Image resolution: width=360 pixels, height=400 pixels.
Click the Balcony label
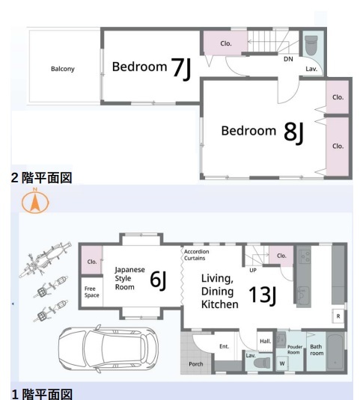[63, 69]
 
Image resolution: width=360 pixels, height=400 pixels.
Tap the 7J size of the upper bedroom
[181, 68]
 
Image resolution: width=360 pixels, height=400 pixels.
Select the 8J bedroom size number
[293, 132]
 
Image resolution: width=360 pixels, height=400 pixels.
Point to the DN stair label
[288, 59]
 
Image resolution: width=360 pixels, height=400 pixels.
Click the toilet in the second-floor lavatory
[311, 45]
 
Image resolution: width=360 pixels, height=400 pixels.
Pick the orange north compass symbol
[35, 201]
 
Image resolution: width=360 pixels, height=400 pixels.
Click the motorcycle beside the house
[46, 259]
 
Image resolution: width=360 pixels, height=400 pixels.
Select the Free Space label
[91, 292]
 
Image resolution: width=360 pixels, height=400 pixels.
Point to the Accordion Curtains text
[196, 255]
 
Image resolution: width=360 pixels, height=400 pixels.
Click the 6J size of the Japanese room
[158, 280]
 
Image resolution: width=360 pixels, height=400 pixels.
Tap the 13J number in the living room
[263, 295]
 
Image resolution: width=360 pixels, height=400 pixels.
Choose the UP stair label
[253, 270]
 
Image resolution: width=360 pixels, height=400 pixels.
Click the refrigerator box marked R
[338, 316]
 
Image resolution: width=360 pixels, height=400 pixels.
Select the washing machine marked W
[282, 363]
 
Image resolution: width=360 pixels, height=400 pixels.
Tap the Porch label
[196, 364]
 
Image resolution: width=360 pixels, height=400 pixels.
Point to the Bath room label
[317, 350]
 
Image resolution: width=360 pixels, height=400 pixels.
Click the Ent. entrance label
[225, 346]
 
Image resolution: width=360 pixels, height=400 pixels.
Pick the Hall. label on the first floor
[265, 341]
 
